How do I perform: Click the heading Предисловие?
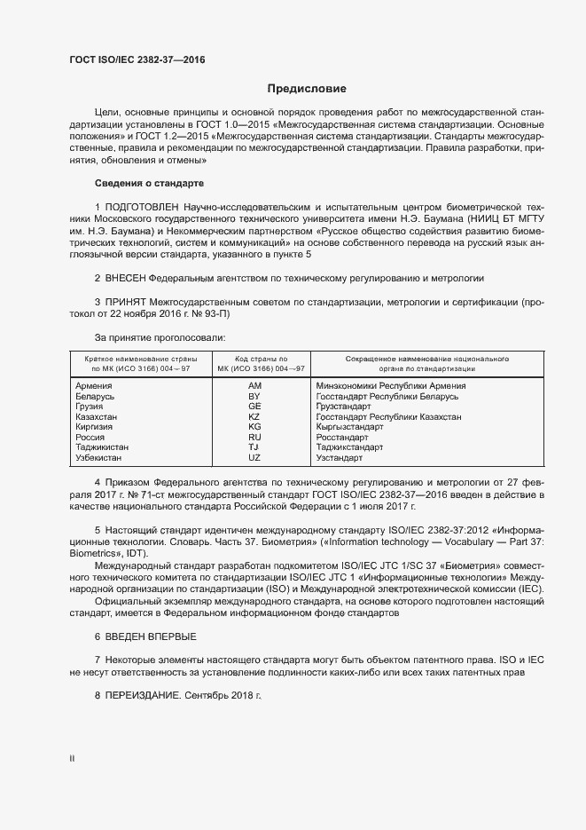coord(307,89)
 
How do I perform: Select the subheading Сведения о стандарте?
coord(149,183)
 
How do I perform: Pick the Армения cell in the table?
coord(94,386)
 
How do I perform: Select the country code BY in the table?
coord(254,397)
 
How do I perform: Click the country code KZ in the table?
coord(254,417)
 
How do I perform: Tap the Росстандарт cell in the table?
coord(342,438)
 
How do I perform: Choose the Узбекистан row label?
coord(101,458)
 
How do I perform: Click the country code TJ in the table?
coord(254,447)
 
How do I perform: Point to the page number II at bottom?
coord(73,757)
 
